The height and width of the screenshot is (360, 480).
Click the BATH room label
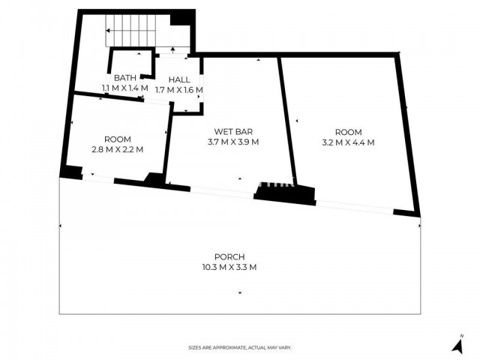(x=125, y=78)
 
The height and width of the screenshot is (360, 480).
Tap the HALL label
(x=179, y=80)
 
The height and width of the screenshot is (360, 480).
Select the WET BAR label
(x=233, y=132)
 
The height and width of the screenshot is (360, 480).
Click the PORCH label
(x=229, y=256)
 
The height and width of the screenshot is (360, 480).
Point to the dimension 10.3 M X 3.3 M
(x=229, y=267)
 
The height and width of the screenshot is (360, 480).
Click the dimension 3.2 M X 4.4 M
(x=348, y=142)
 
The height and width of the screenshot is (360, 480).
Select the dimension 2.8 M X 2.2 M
(x=118, y=150)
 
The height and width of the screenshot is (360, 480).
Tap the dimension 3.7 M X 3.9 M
(x=233, y=142)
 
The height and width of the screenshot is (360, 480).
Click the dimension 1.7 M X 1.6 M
(x=179, y=90)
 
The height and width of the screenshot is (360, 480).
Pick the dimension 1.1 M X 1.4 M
(x=125, y=88)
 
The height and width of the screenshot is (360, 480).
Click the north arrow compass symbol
(x=457, y=344)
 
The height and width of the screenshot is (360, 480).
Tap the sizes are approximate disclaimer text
(x=240, y=348)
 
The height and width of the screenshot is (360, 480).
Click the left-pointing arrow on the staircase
(x=130, y=31)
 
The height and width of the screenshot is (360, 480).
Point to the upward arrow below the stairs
(x=173, y=50)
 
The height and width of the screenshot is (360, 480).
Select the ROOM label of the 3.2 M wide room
(x=348, y=132)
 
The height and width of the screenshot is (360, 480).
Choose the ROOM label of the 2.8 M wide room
(x=118, y=139)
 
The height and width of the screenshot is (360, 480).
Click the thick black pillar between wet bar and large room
(x=285, y=194)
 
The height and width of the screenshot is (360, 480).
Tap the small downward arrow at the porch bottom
(x=240, y=292)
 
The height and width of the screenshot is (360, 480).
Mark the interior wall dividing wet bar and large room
(x=286, y=121)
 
